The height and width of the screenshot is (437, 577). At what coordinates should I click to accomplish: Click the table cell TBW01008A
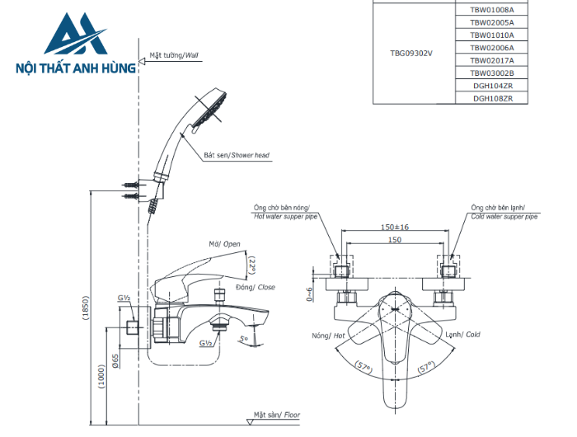tap(492, 11)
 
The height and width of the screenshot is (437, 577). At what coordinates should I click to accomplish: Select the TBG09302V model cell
tap(411, 54)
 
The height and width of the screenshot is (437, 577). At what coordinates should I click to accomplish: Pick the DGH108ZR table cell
tap(492, 98)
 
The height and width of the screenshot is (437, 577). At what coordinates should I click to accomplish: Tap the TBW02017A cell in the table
tap(492, 60)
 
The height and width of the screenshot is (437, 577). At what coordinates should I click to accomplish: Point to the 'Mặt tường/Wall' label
tap(174, 56)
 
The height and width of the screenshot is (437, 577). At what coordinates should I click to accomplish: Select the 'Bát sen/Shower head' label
tap(237, 155)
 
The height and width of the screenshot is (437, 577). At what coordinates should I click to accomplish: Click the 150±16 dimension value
tap(395, 228)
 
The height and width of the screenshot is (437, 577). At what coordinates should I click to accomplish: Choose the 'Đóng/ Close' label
tap(256, 287)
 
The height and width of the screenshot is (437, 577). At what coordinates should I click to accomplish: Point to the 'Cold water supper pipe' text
tap(504, 217)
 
